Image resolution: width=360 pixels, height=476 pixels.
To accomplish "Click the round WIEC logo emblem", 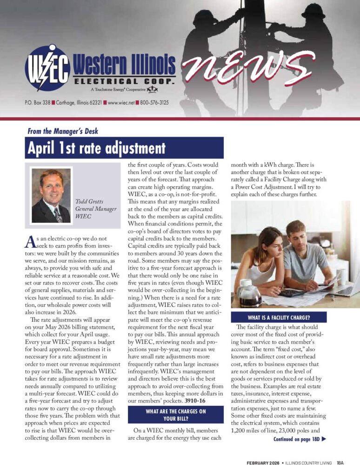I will pyautogui.click(x=47, y=68).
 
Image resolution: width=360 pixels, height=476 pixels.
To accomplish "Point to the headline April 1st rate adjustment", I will pyautogui.click(x=96, y=149).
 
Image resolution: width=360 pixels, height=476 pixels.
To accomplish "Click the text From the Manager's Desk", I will pyautogui.click(x=63, y=132).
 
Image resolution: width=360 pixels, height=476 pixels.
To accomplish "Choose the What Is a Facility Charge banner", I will pyautogui.click(x=279, y=318).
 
